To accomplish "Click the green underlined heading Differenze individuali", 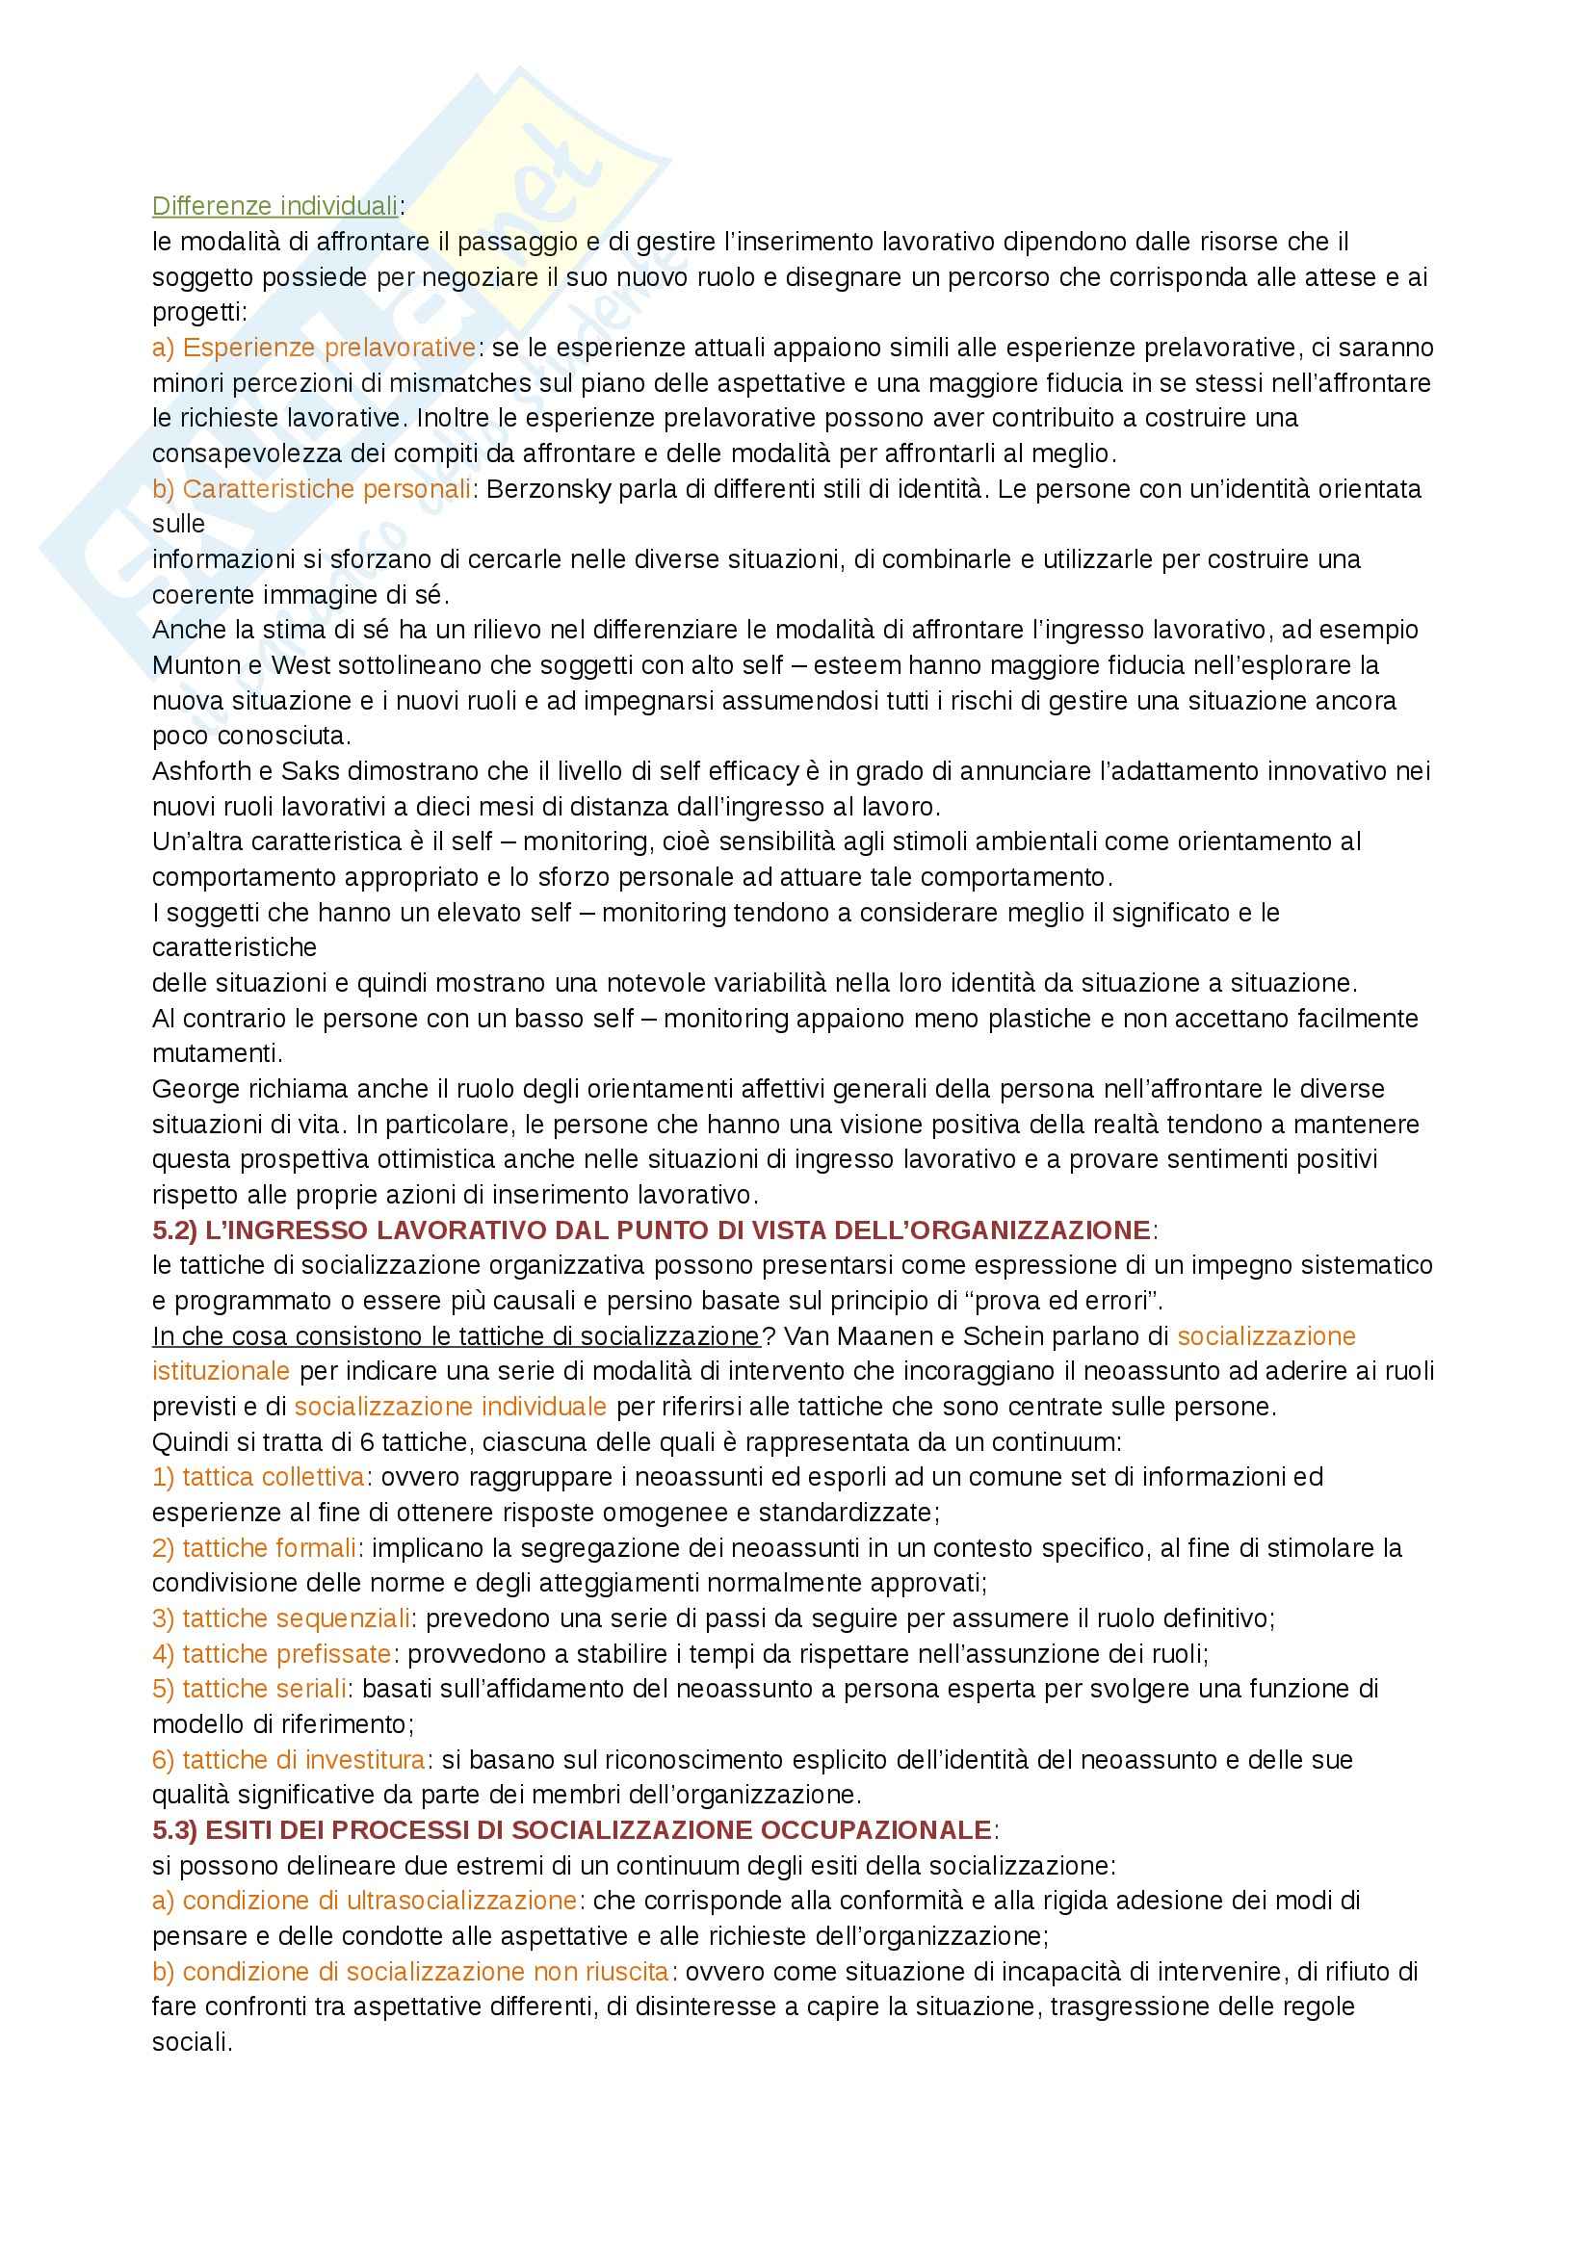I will [x=275, y=206].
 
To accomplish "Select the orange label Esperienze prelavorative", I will [x=314, y=348].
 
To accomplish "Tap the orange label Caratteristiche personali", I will [x=312, y=488].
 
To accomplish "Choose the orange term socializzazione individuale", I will [x=450, y=1407].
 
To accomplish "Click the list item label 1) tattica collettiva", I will [x=259, y=1477].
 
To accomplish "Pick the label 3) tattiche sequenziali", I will [x=281, y=1618].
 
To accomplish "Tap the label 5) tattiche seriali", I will [x=250, y=1689].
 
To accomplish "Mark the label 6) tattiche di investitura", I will [x=288, y=1760].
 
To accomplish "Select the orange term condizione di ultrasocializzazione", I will [x=365, y=1901].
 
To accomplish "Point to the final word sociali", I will [x=191, y=2042].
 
